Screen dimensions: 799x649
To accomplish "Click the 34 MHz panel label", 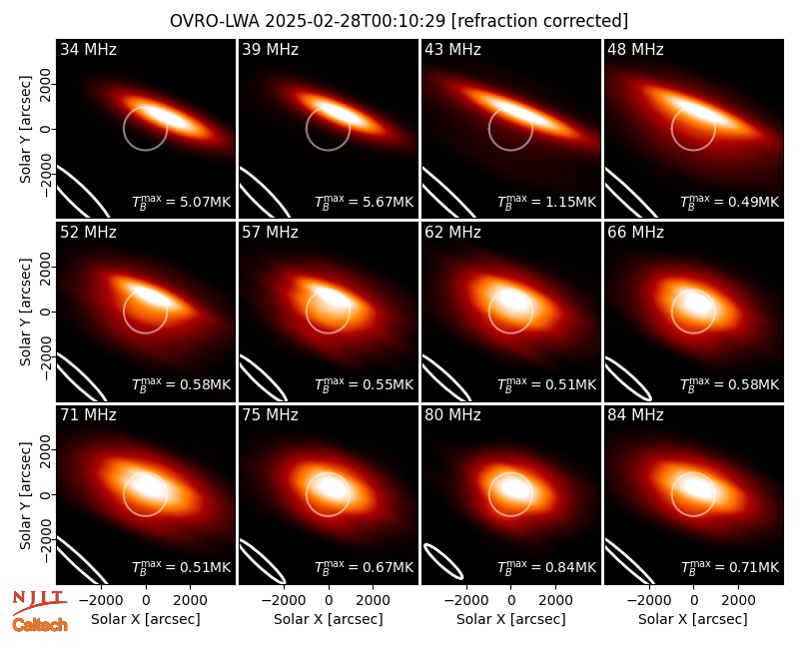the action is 88,49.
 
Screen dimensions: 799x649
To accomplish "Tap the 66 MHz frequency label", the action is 635,233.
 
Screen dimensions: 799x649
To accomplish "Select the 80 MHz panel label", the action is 452,415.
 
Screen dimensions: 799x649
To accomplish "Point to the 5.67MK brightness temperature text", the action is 388,202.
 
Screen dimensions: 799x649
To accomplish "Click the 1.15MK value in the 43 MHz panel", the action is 570,202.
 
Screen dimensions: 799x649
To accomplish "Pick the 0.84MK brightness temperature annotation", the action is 570,567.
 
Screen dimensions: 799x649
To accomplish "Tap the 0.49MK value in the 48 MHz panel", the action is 754,202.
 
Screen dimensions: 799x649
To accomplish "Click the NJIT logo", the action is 39,602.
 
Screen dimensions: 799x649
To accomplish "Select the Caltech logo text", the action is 40,625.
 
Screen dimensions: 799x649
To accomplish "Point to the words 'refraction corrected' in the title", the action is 539,21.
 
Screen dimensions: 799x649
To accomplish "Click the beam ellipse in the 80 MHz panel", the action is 443,561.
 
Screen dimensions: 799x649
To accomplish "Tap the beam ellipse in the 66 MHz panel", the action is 628,378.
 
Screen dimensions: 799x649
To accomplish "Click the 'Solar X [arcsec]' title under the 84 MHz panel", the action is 693,619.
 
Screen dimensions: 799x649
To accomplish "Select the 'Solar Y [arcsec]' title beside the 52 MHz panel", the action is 25,312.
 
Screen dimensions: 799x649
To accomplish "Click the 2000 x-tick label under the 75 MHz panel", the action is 373,601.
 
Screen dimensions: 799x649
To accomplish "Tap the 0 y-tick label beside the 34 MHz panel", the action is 45,129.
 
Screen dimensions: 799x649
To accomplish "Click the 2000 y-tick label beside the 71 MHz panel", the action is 45,450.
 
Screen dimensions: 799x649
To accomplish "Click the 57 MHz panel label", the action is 270,233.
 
